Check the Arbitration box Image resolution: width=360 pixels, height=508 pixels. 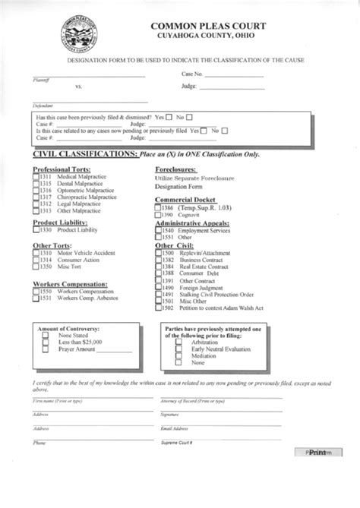pos(178,342)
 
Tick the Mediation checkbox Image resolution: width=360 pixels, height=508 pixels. pos(178,355)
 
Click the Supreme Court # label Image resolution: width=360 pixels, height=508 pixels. pos(175,442)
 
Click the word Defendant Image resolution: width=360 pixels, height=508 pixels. pos(43,105)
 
